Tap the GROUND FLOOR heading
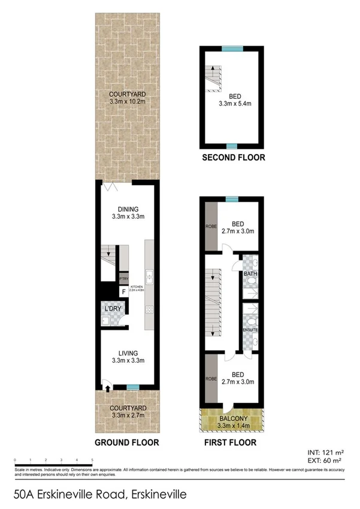[x=126, y=442]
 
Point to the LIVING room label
[x=127, y=353]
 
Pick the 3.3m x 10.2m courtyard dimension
[x=127, y=103]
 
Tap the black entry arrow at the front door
[x=107, y=388]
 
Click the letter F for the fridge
[x=124, y=292]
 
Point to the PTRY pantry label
[x=124, y=279]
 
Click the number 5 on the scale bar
[x=92, y=459]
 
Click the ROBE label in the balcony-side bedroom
[x=209, y=379]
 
